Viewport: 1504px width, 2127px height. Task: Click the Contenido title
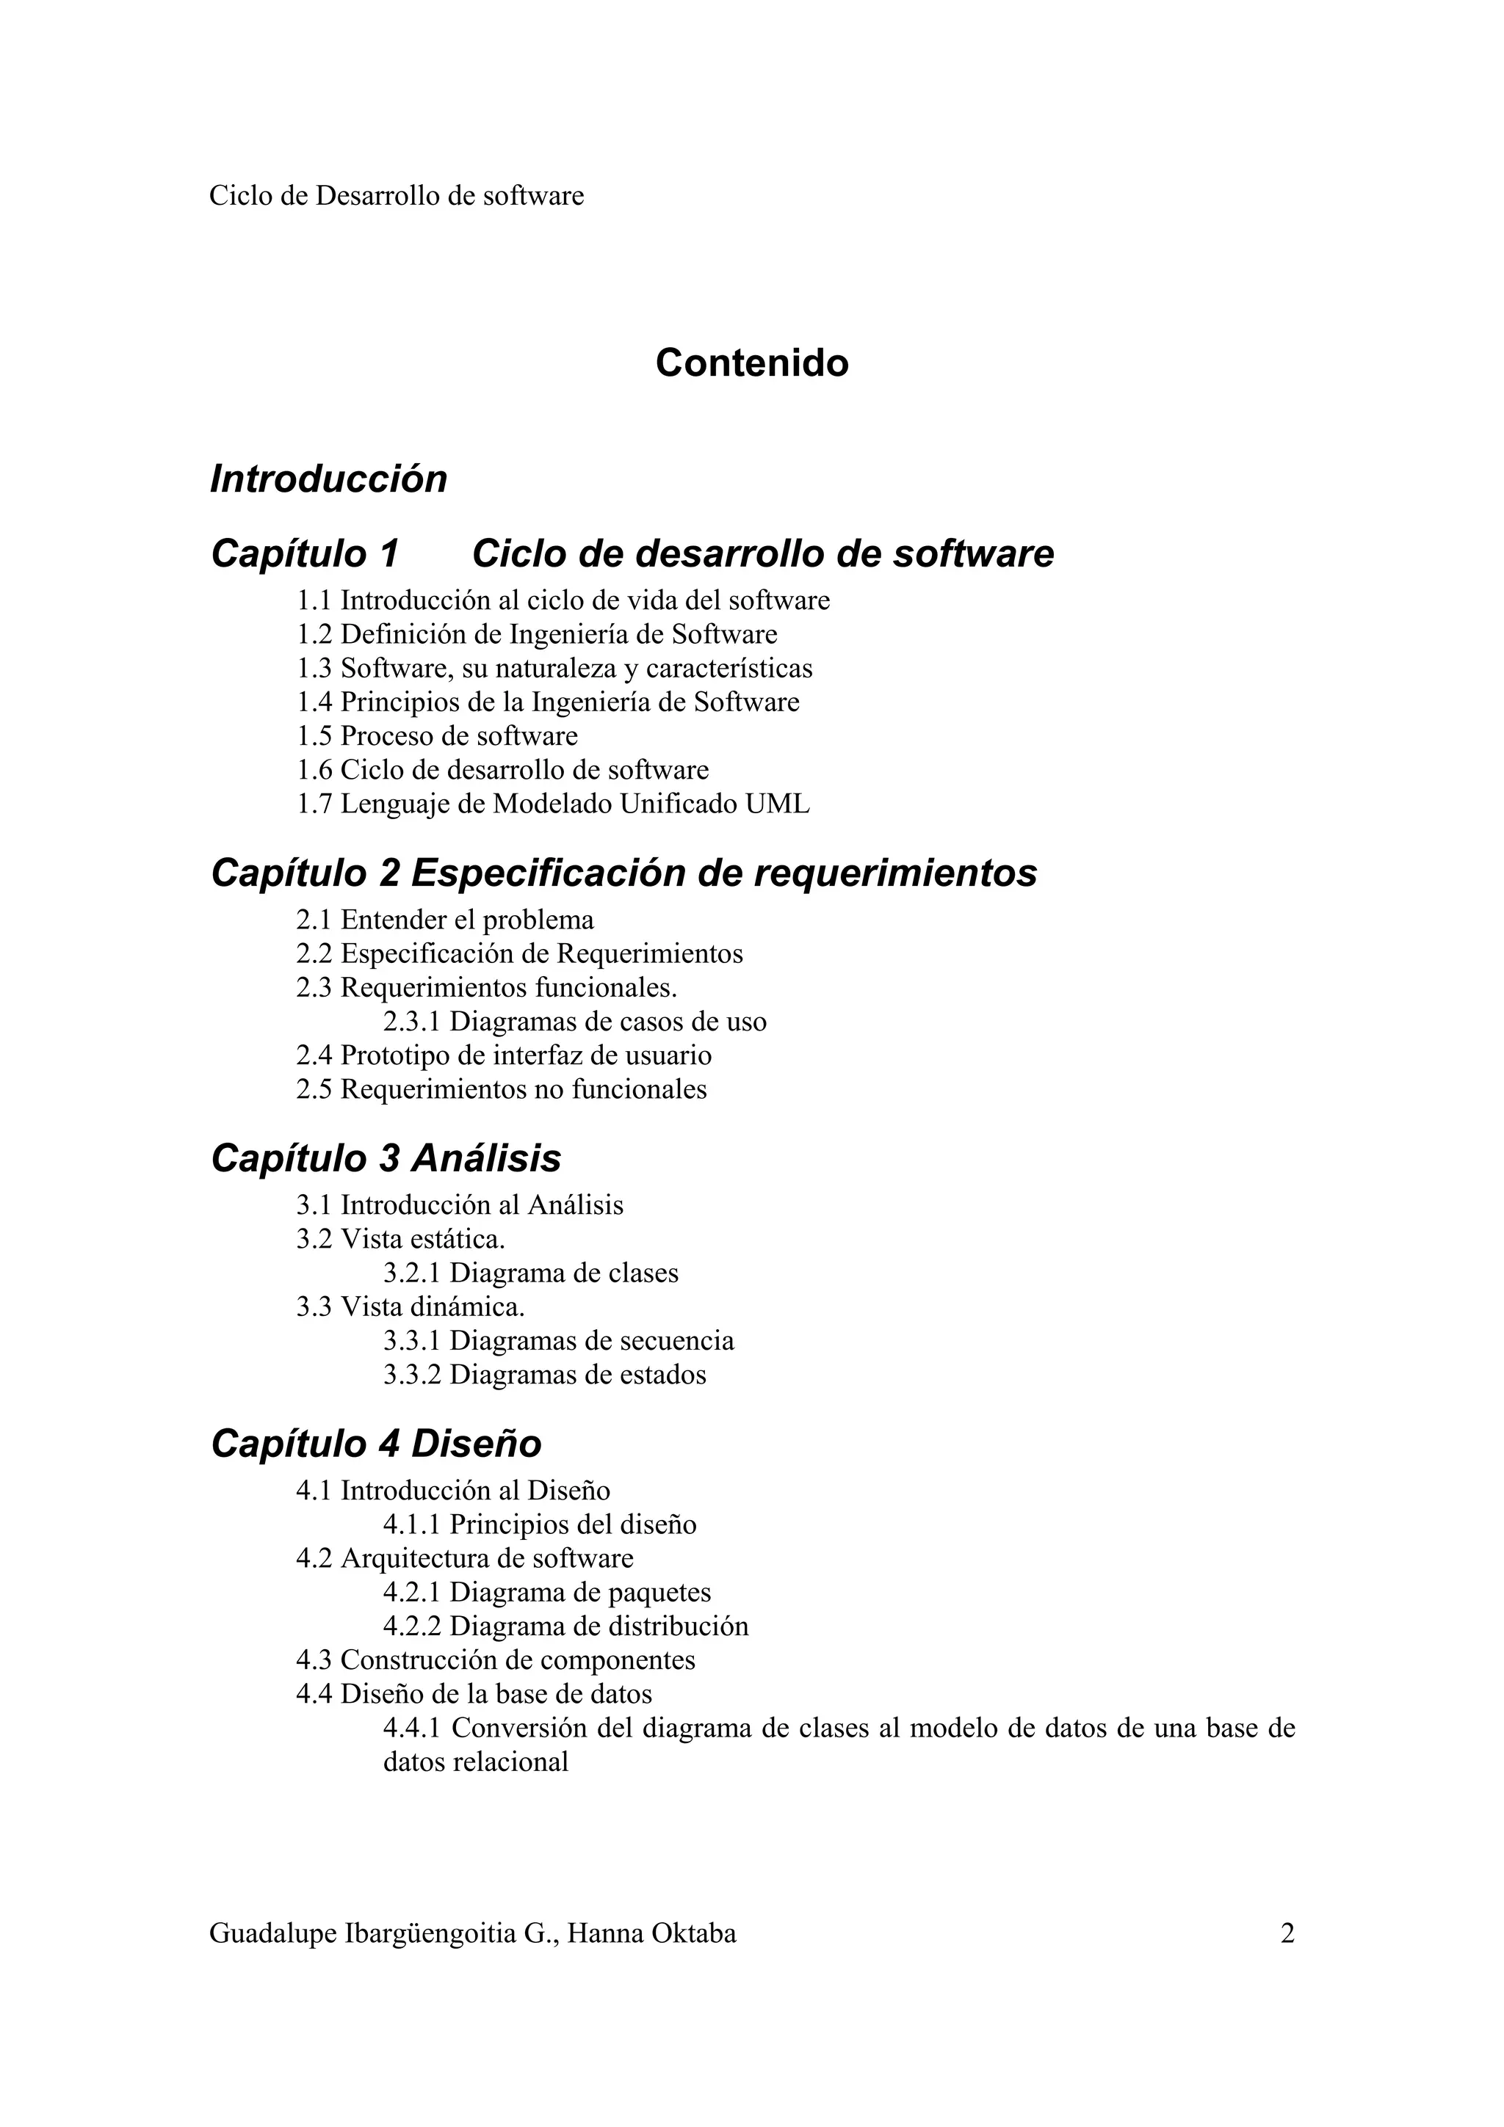pyautogui.click(x=751, y=363)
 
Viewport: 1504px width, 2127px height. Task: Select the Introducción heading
pyautogui.click(x=329, y=479)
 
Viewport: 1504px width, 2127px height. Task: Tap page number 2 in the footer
pyautogui.click(x=1287, y=1933)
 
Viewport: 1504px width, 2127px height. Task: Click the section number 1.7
pyautogui.click(x=314, y=804)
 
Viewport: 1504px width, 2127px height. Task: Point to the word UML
pyautogui.click(x=778, y=804)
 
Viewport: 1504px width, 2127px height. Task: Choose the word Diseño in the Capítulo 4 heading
pyautogui.click(x=477, y=1443)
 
